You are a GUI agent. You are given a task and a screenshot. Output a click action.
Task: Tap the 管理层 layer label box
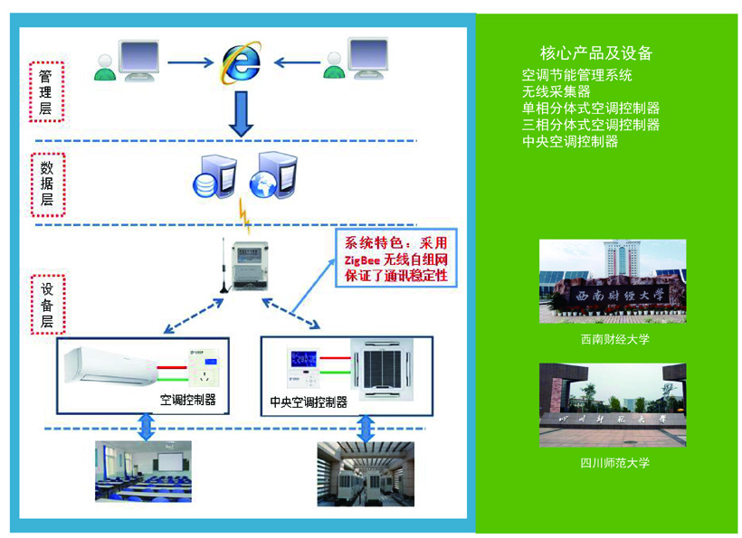(46, 91)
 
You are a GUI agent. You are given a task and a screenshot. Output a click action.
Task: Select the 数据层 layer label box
(46, 186)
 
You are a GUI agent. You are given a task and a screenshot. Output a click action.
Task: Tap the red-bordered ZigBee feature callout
(395, 258)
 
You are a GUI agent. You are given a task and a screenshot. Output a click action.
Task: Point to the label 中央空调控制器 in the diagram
(309, 401)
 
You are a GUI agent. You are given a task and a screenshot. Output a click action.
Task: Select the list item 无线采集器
(556, 91)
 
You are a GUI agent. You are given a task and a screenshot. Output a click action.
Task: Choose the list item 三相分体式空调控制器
(591, 125)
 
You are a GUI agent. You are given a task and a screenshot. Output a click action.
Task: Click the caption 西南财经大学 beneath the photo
(615, 340)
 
